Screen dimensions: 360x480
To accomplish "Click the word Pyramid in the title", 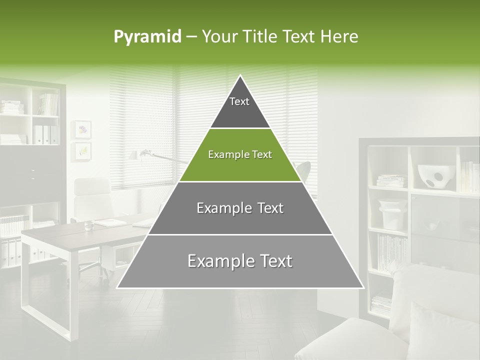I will [x=147, y=37].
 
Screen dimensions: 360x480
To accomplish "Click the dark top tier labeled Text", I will [x=239, y=107].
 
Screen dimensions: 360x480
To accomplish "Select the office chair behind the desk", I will [x=92, y=200].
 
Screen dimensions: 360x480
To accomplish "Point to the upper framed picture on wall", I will [x=82, y=129].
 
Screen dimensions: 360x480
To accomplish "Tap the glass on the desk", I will [x=89, y=225].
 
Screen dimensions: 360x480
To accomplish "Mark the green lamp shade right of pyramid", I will [x=304, y=168].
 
